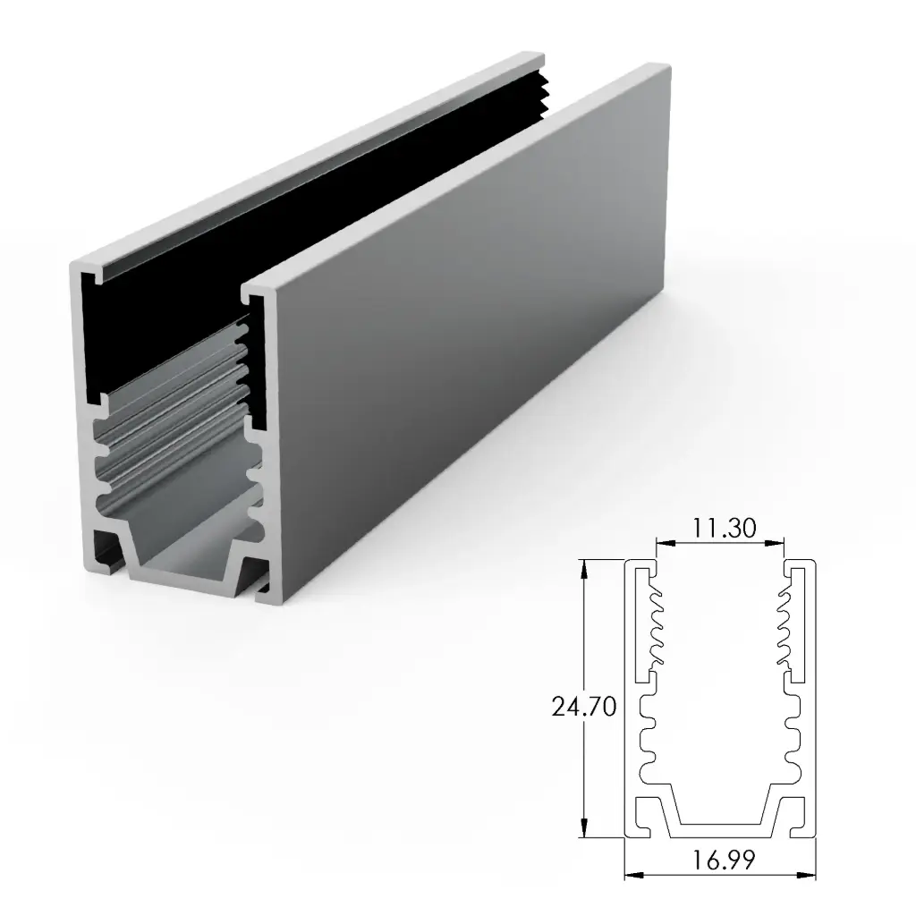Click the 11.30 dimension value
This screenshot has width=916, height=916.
(x=720, y=528)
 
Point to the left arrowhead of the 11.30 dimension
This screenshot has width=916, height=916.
(x=661, y=542)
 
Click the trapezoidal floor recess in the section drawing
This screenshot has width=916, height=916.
(x=721, y=810)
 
